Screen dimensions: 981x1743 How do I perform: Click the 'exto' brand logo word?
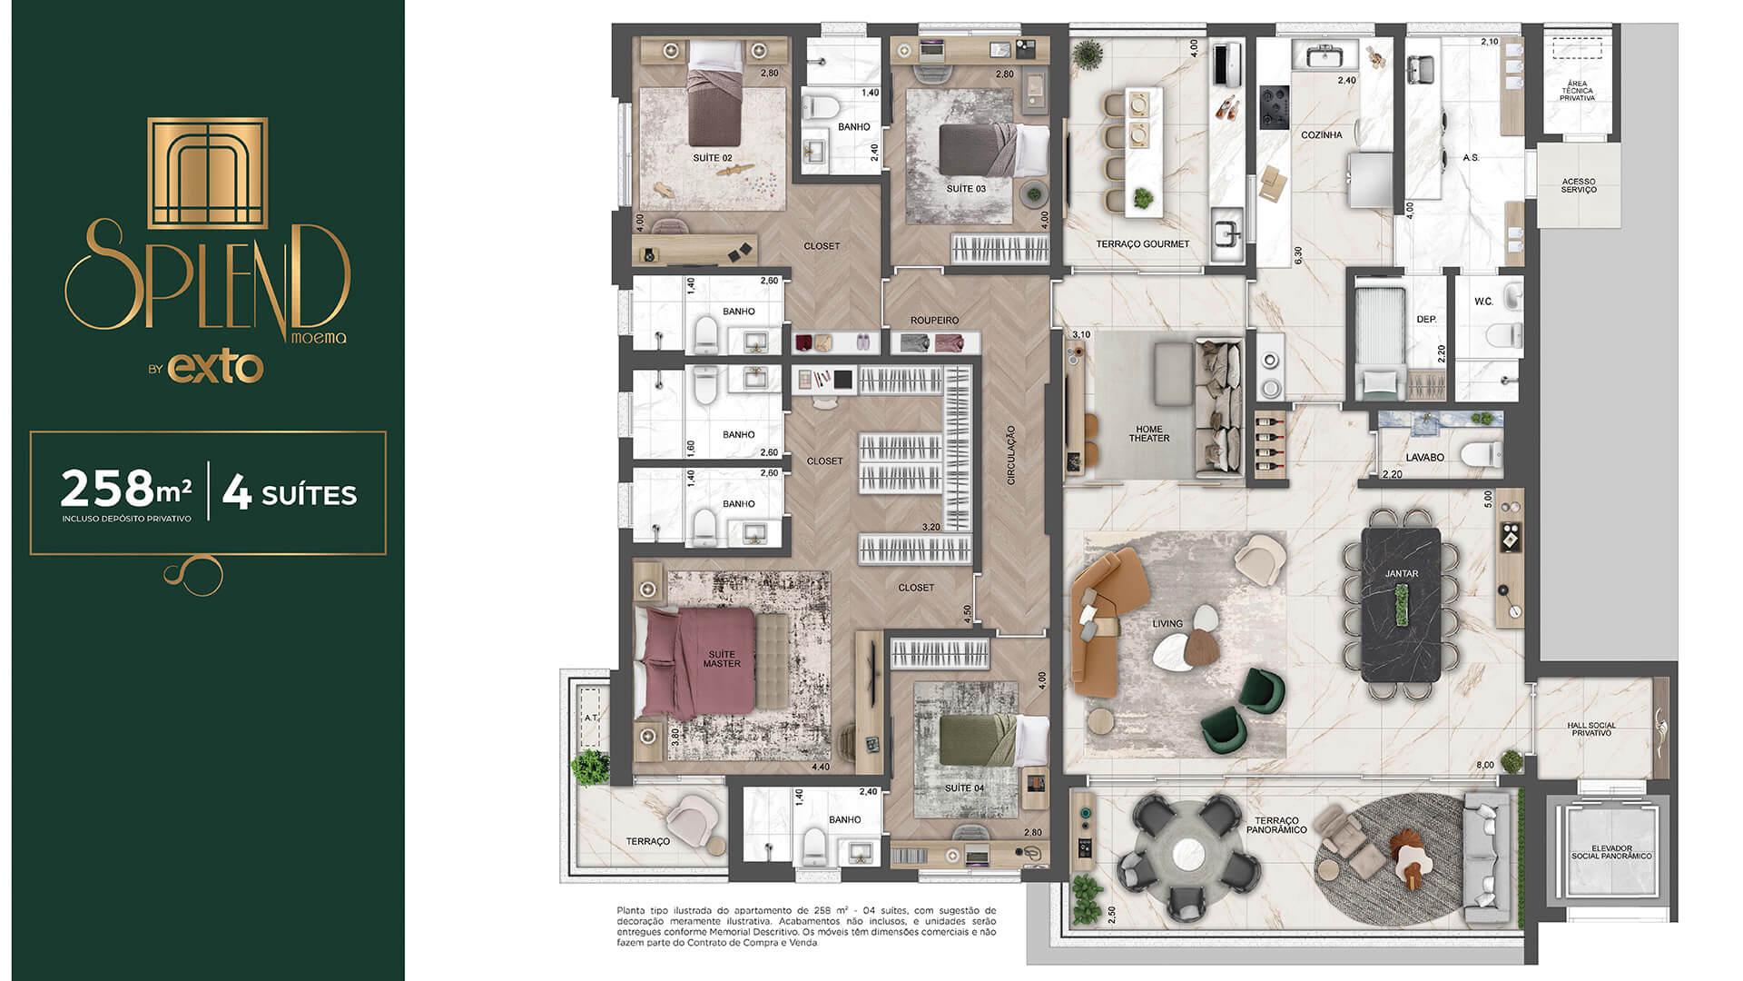click(215, 368)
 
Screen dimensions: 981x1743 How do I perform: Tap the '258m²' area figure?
click(125, 490)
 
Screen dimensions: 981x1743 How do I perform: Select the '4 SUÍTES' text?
click(290, 493)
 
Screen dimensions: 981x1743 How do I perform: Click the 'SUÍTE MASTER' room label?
click(722, 659)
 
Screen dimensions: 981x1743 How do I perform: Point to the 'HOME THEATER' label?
click(1149, 434)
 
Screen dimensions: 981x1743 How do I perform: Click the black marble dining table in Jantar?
click(1401, 605)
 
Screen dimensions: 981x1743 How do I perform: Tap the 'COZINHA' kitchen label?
click(1321, 135)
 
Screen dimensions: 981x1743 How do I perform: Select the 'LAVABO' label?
click(1424, 458)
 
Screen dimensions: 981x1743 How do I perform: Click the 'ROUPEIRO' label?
click(934, 321)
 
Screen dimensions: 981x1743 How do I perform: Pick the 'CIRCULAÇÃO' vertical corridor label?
click(1011, 454)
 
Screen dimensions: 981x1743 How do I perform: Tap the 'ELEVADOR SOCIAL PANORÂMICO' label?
click(1611, 852)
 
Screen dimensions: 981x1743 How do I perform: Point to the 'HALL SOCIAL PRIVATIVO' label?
click(1590, 729)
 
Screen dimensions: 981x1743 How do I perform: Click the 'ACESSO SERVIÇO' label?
click(1579, 185)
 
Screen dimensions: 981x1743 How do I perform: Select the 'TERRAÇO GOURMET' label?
click(1142, 244)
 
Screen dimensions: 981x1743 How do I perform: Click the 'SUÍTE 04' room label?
click(964, 788)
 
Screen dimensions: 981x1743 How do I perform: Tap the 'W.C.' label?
click(1483, 302)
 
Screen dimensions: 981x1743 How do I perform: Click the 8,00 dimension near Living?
click(1484, 766)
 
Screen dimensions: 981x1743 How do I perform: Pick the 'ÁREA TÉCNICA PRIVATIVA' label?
click(1577, 91)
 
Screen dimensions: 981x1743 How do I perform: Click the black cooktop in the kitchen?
click(1274, 106)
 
